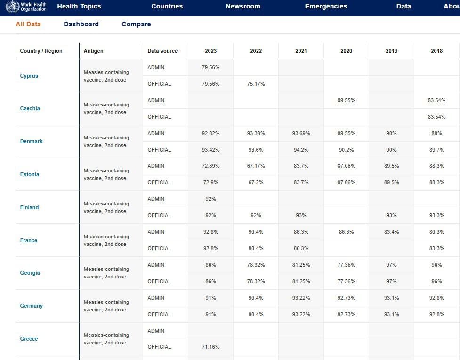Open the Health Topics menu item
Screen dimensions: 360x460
(79, 7)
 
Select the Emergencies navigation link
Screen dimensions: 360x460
(326, 7)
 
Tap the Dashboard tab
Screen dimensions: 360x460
(81, 24)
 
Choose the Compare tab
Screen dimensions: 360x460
(136, 24)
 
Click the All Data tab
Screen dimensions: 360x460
(28, 24)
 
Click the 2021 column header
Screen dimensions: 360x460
(301, 51)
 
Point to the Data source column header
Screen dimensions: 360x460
(162, 51)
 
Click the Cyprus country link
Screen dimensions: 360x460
(29, 76)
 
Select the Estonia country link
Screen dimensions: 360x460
(30, 174)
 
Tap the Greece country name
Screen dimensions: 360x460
(29, 339)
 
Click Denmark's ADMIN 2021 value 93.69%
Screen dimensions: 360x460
(301, 133)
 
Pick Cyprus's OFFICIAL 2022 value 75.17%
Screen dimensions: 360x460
(256, 84)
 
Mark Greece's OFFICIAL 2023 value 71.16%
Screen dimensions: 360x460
(210, 347)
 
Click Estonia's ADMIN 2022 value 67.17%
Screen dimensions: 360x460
(256, 166)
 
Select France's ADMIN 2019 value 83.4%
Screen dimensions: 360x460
(391, 232)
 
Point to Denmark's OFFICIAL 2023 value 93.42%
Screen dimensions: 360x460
(210, 150)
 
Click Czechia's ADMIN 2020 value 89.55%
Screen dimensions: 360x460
(346, 100)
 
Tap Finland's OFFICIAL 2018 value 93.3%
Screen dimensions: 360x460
(436, 215)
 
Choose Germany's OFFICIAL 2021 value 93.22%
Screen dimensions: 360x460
(301, 314)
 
